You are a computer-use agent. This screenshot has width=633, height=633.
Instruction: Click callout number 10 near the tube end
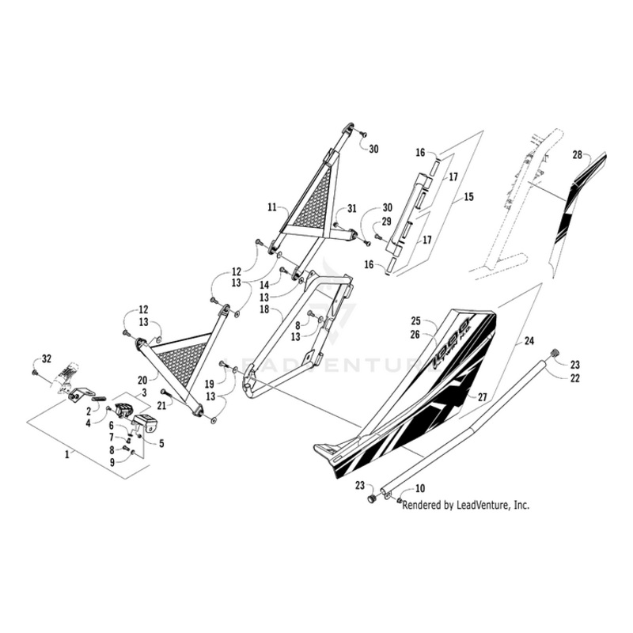click(419, 490)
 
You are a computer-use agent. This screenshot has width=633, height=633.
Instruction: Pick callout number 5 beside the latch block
click(161, 443)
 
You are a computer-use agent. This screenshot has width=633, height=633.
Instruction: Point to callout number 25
click(415, 322)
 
